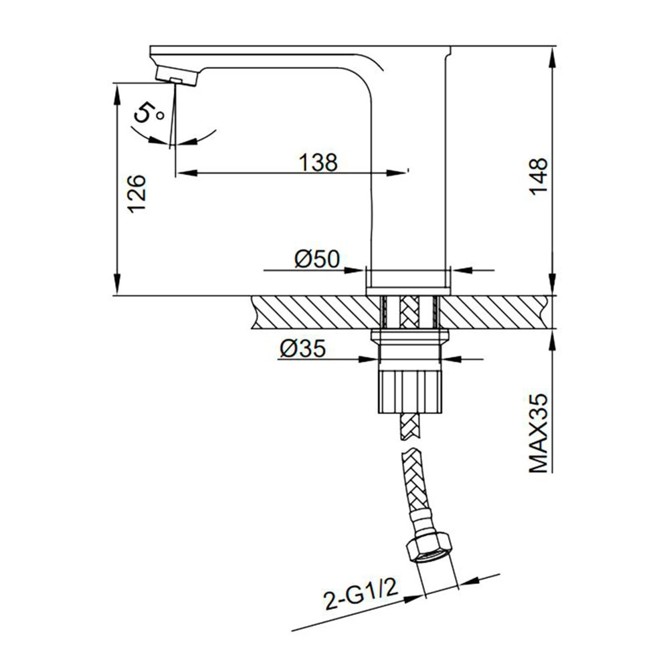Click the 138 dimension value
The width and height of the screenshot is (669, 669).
coord(318,162)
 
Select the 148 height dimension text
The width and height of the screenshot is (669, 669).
coord(539,176)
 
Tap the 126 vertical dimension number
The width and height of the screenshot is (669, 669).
coord(137,194)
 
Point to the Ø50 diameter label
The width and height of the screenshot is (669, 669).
coord(317,258)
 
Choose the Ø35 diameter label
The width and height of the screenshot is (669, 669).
coord(302,348)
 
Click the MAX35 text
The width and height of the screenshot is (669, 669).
coord(539,433)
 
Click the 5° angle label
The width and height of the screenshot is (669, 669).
coord(149,113)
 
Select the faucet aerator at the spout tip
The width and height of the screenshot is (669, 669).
coord(177,76)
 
